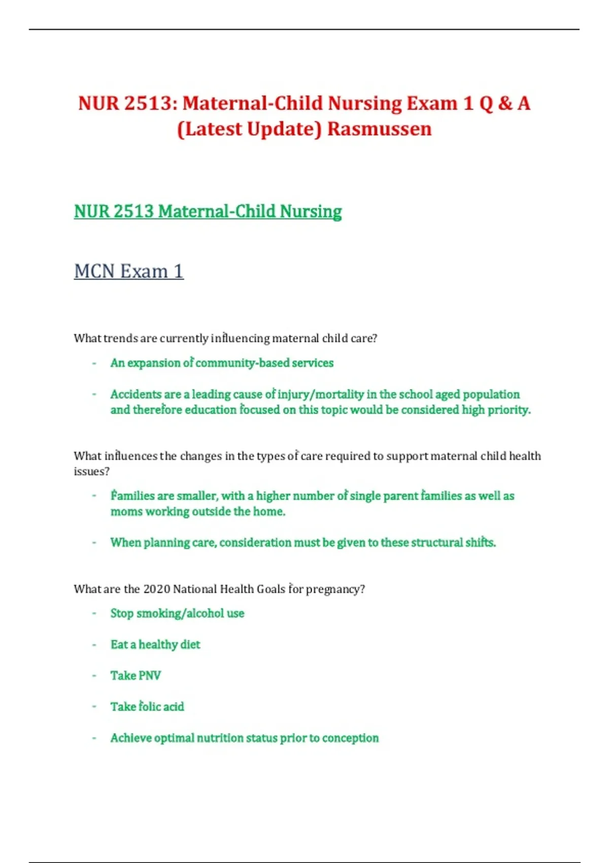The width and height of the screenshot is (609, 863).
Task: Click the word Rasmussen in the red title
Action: [x=379, y=129]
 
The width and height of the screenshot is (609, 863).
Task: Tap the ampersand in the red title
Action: [x=505, y=104]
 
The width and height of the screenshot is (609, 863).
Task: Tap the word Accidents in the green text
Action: [x=136, y=394]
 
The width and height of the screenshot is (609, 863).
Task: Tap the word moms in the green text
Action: [x=126, y=512]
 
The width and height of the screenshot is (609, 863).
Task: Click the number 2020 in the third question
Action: [x=157, y=589]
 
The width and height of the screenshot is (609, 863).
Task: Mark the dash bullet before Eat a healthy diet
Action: [x=94, y=645]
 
